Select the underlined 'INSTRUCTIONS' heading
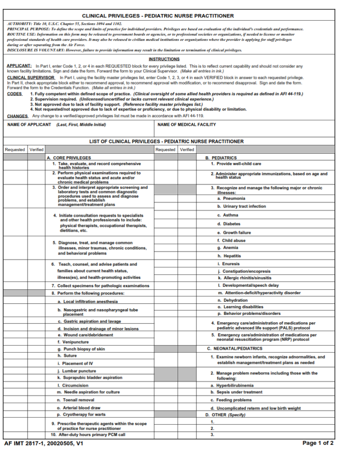[x=164, y=59]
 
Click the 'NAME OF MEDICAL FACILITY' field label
[x=187, y=125]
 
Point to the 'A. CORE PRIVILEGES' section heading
[x=69, y=158]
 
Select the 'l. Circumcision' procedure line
[x=73, y=385]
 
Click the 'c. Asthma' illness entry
[x=227, y=215]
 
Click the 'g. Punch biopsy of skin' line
[x=81, y=349]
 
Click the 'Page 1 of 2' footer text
[x=318, y=443]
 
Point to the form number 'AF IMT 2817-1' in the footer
[x=27, y=443]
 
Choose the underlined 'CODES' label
[x=15, y=94]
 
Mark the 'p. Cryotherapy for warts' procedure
[x=82, y=414]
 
